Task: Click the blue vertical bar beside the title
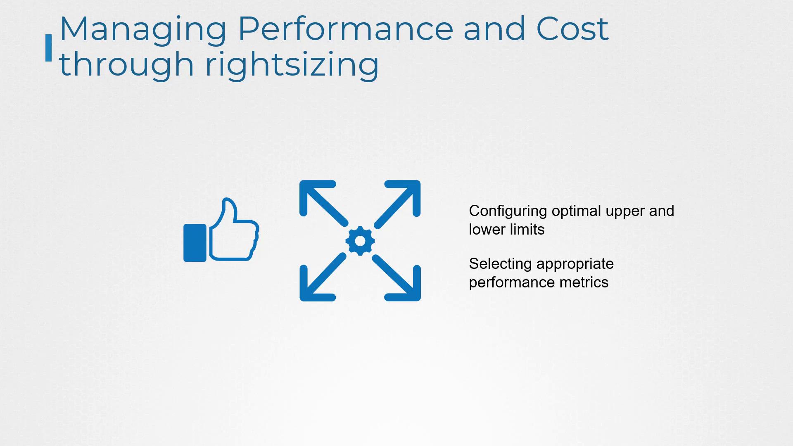tap(49, 48)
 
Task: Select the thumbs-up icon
tap(221, 230)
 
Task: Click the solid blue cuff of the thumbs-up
tap(195, 243)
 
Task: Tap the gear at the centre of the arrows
tap(360, 241)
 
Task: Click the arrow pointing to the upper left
tap(323, 203)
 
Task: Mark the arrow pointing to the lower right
tap(396, 278)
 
